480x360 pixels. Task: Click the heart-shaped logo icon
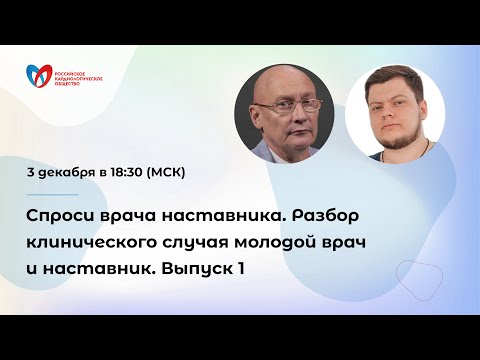tap(41, 76)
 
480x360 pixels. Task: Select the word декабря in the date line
tap(68, 171)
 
